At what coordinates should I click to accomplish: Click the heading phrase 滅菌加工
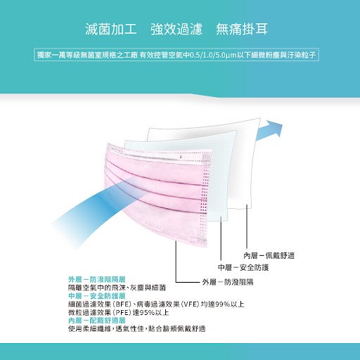click(x=111, y=30)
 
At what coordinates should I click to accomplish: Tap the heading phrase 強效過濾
click(x=176, y=30)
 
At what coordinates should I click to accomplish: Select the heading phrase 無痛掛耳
click(x=242, y=30)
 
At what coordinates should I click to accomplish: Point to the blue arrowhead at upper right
click(x=274, y=128)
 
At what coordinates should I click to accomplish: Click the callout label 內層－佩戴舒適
click(x=269, y=255)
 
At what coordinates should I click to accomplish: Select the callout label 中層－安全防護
click(x=243, y=267)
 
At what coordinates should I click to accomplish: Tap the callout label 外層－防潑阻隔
click(x=228, y=282)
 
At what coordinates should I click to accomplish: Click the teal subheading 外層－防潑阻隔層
click(x=97, y=279)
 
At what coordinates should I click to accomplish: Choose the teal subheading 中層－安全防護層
click(x=97, y=296)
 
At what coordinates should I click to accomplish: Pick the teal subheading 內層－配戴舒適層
click(x=97, y=321)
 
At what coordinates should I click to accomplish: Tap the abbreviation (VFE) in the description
click(x=190, y=304)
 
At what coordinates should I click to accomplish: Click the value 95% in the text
click(x=147, y=312)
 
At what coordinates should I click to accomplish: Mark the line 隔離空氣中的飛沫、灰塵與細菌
click(x=117, y=288)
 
